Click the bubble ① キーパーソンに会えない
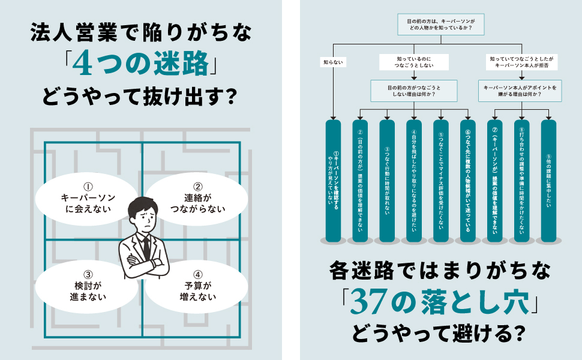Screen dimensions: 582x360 (87, 199)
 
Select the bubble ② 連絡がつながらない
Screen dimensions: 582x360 (197, 199)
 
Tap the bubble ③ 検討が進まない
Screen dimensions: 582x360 (87, 287)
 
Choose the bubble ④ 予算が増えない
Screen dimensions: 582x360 (197, 287)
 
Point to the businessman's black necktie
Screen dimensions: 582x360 (146, 248)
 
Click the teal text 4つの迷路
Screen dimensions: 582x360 (140, 64)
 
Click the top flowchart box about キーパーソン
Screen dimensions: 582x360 (441, 25)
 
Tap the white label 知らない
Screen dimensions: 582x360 (333, 62)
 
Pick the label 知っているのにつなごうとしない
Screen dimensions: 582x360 (414, 62)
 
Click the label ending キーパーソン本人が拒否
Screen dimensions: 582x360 (521, 62)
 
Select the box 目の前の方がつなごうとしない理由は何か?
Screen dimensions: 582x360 (414, 91)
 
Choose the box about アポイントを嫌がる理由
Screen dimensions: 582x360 (520, 91)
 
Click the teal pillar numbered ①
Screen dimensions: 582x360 (334, 181)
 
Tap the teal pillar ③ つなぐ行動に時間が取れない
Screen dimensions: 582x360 (387, 181)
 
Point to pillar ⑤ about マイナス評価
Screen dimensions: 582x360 (441, 181)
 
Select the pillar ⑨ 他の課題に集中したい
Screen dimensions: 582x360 (548, 181)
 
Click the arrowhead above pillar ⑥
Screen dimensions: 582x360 (467, 117)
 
